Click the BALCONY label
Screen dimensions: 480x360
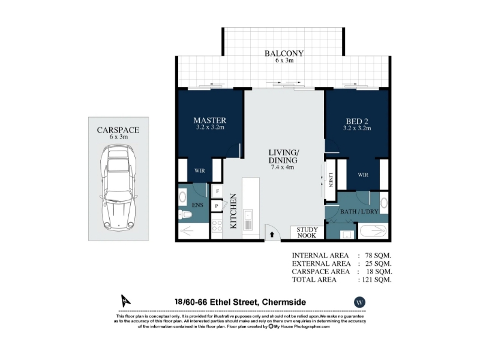click(x=284, y=53)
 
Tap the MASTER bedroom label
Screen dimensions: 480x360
click(x=209, y=121)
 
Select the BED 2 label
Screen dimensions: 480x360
click(x=357, y=122)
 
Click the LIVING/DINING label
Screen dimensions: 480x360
click(x=283, y=156)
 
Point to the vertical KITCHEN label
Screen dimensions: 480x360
click(x=233, y=211)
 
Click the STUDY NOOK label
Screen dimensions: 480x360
click(x=307, y=232)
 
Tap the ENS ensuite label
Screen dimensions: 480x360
click(x=197, y=205)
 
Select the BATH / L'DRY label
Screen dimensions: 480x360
click(x=359, y=212)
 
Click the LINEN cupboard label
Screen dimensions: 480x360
click(x=331, y=179)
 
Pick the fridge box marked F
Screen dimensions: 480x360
click(x=217, y=191)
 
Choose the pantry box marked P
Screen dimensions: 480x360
click(x=217, y=206)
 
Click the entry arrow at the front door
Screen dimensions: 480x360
click(x=272, y=235)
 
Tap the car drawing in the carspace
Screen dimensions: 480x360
click(x=118, y=188)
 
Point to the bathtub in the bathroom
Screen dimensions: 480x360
click(x=373, y=231)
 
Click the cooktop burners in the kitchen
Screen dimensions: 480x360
click(x=217, y=226)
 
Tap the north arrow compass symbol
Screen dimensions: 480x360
click(x=125, y=301)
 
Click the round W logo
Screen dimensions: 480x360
click(x=359, y=302)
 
